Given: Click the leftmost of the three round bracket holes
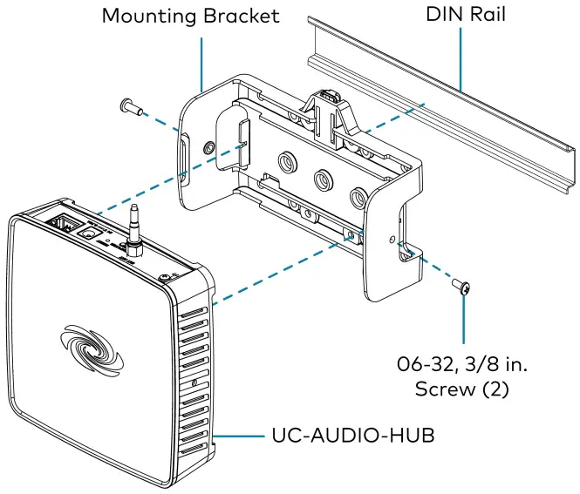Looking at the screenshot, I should coord(285,164).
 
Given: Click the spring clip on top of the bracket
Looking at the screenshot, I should coord(329,100).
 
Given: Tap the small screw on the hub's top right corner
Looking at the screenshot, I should coord(164,279).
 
